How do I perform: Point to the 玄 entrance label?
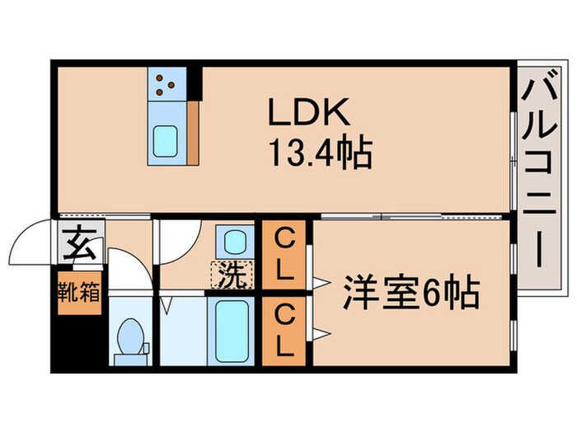pos(78,244)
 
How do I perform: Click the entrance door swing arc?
pos(38,240)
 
